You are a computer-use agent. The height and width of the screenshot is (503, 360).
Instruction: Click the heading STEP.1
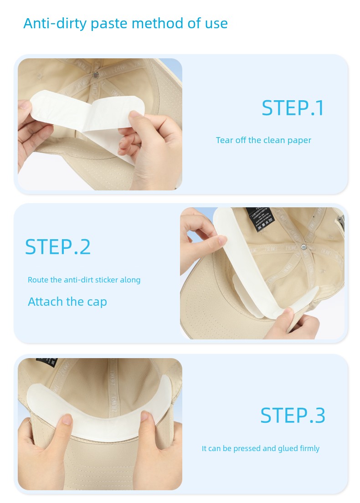point(293,108)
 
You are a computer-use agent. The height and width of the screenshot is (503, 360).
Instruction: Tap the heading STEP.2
point(58,247)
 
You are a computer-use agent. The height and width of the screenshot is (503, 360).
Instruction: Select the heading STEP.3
point(293,416)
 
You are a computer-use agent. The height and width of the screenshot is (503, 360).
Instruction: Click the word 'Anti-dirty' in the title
point(55,23)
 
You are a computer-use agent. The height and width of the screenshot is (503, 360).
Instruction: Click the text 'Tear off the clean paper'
point(263,140)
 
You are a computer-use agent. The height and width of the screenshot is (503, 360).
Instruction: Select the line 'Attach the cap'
point(67,302)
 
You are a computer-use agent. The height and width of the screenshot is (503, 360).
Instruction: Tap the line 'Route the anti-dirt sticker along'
point(84,280)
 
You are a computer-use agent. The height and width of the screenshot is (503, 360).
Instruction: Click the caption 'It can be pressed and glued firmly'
point(261,448)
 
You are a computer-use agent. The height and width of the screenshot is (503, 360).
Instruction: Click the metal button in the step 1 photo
point(96,75)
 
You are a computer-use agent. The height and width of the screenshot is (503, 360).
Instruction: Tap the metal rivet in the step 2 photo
point(303,246)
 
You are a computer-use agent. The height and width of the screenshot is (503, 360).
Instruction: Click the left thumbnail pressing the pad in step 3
point(67,419)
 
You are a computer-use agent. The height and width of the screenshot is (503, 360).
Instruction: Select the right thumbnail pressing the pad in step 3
point(145,416)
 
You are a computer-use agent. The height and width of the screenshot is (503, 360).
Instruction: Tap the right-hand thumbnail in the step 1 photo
point(136,113)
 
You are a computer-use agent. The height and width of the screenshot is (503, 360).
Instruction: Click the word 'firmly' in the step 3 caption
point(309,448)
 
